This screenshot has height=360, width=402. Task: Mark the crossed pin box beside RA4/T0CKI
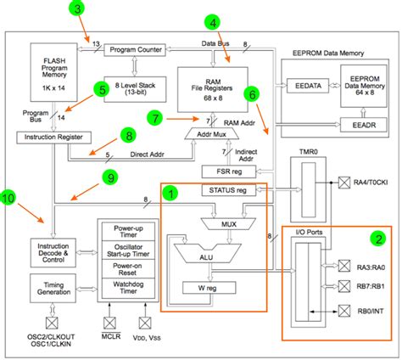[x=344, y=183]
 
